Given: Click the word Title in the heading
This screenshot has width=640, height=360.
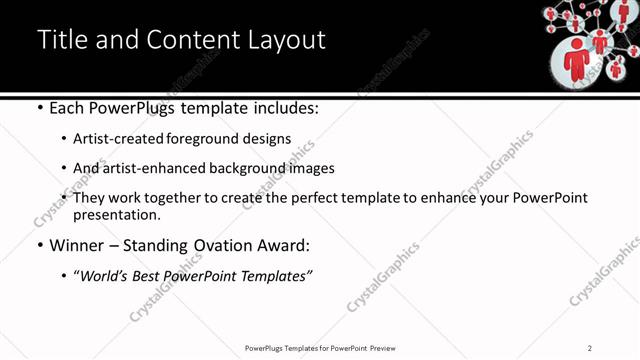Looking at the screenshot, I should (x=61, y=40).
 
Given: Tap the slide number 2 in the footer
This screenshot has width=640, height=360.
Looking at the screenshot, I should (x=590, y=348).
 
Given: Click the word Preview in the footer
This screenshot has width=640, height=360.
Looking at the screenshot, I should (x=388, y=348).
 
